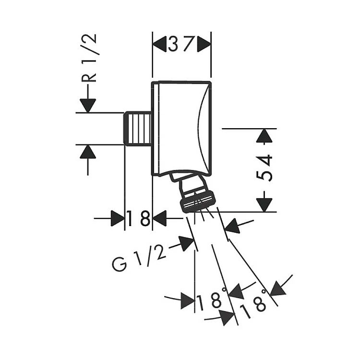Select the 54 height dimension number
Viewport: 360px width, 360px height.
tap(264, 168)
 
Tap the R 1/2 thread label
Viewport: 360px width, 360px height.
tap(89, 58)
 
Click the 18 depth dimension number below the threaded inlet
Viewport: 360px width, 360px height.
tap(138, 218)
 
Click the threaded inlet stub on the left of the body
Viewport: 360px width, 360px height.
tap(138, 129)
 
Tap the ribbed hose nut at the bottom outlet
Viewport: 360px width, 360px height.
tap(198, 203)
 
